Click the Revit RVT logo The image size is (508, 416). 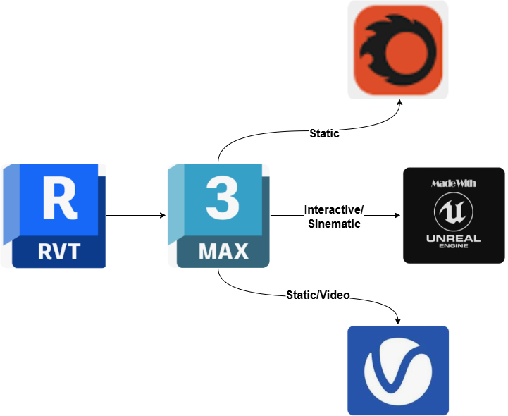[x=54, y=215]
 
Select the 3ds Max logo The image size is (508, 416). [x=218, y=215]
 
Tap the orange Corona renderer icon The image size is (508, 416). [x=399, y=49]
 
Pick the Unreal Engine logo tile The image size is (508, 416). [x=453, y=215]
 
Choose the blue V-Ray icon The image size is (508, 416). [x=398, y=369]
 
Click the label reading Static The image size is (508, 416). [x=324, y=133]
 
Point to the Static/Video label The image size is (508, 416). [x=317, y=295]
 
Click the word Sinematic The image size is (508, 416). [x=334, y=224]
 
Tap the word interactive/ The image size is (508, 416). [x=334, y=210]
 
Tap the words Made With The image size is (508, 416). [x=453, y=183]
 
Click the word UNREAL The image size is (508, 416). [x=453, y=238]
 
